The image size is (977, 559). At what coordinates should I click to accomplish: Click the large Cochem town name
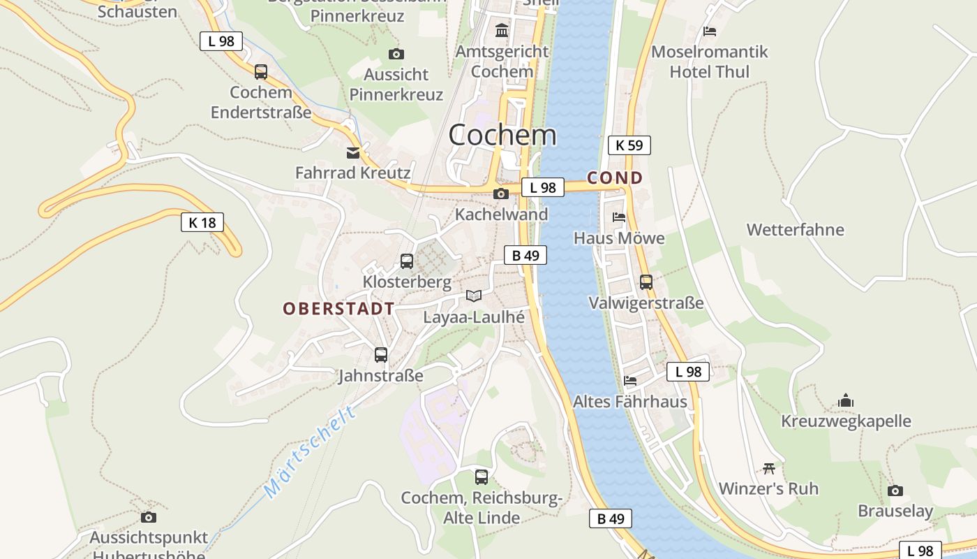click(502, 135)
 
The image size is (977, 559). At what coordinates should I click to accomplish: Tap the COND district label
click(614, 178)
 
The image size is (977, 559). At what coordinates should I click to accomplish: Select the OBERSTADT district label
click(338, 308)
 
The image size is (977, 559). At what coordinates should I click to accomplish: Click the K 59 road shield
click(629, 145)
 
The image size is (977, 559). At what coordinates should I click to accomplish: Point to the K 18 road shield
click(202, 223)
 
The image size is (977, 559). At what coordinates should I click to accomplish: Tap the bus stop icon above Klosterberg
click(407, 261)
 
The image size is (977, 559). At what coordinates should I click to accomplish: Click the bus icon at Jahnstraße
click(381, 354)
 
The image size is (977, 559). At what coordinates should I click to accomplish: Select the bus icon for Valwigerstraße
click(646, 282)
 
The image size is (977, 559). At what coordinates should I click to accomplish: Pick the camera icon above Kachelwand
click(501, 194)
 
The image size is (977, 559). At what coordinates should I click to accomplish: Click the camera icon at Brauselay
click(895, 491)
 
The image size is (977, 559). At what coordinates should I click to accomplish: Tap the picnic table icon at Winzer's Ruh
click(769, 467)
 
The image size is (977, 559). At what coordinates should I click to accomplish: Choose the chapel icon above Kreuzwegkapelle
click(846, 400)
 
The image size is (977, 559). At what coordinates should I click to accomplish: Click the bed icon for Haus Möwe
click(619, 217)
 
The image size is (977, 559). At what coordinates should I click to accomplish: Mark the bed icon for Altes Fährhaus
click(630, 381)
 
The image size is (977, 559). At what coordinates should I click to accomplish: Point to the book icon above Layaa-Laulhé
click(474, 296)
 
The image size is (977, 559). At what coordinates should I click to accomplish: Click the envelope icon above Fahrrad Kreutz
click(353, 152)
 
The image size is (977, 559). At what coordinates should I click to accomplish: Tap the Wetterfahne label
click(795, 230)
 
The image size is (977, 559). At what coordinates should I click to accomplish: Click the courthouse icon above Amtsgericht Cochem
click(502, 31)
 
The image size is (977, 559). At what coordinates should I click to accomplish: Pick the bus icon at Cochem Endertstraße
click(261, 71)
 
